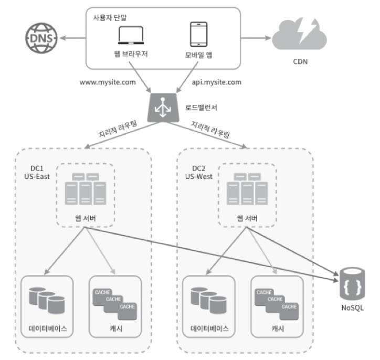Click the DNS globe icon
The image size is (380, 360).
coord(41,38)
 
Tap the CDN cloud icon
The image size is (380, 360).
coord(300,34)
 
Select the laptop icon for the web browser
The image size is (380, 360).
coord(131,35)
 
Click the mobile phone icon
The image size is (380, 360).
coord(199,34)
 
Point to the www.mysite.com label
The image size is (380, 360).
coord(108,82)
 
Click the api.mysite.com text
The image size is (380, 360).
coord(216,82)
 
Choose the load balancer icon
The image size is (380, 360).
coord(163,108)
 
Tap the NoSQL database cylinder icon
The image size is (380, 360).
coord(352,284)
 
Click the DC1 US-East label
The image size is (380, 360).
coord(37,173)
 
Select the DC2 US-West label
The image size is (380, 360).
coord(199,173)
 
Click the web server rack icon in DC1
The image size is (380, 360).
coord(86,189)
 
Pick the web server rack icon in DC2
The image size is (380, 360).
coord(247,189)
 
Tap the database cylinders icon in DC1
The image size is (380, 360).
coord(47,300)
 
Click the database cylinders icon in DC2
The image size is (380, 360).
coord(208,300)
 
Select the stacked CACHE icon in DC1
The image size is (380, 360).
coord(115,304)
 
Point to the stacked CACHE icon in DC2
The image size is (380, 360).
coord(277,304)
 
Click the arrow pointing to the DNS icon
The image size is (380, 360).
coord(73,38)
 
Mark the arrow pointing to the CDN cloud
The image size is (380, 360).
coord(256,38)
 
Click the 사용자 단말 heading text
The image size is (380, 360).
coord(110,18)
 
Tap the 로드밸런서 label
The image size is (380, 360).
coord(201,108)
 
